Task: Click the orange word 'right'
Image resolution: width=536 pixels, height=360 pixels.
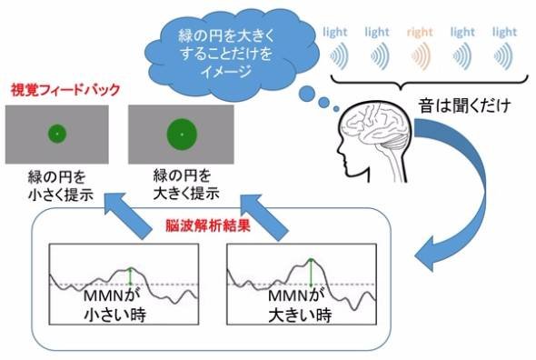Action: click(420, 33)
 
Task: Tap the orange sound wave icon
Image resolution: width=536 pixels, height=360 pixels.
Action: click(421, 56)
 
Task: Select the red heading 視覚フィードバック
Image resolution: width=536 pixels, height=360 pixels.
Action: click(65, 90)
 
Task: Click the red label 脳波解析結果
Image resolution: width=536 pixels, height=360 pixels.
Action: click(208, 225)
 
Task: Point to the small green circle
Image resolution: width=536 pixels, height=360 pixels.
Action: click(57, 134)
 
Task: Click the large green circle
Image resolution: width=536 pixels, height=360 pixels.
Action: click(182, 135)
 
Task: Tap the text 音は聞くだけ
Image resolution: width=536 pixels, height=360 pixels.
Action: click(465, 105)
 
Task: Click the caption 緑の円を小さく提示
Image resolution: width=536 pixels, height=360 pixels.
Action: click(61, 186)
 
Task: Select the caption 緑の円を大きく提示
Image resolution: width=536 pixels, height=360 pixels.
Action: click(186, 185)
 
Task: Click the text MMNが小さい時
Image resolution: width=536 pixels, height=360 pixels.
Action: click(114, 305)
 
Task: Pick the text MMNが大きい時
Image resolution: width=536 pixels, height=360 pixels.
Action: click(300, 305)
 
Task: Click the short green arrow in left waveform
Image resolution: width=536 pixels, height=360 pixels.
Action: click(130, 275)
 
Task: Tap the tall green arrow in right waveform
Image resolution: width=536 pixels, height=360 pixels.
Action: click(311, 272)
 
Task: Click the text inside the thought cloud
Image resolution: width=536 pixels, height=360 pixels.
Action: click(226, 54)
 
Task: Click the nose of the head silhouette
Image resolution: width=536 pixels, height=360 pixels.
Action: click(339, 149)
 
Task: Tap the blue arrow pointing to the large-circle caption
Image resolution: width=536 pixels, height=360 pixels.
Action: click(264, 217)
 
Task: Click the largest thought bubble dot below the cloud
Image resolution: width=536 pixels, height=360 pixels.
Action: click(307, 94)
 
